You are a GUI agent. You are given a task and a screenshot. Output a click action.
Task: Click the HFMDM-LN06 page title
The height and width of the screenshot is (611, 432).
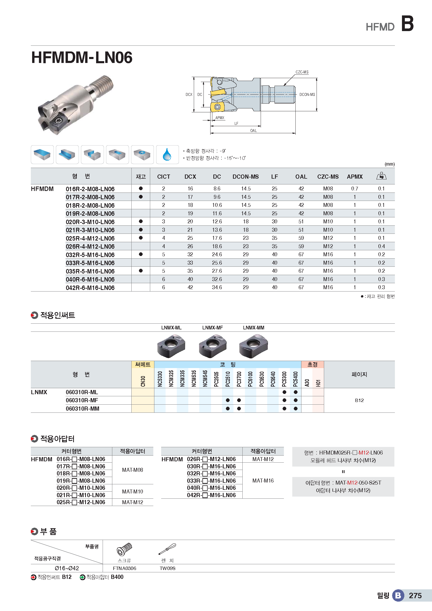82,57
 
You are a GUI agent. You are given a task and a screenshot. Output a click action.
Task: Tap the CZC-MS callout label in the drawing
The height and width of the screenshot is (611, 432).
302,72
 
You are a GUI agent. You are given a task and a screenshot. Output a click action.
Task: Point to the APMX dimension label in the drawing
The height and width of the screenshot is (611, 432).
220,118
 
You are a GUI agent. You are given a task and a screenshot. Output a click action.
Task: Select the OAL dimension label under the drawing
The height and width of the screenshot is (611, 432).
253,131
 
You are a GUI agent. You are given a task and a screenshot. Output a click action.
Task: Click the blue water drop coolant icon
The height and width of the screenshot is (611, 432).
167,155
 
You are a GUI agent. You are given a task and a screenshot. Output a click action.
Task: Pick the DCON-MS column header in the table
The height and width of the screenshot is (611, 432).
246,177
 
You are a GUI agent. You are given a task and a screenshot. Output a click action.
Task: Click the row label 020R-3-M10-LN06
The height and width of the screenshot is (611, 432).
90,222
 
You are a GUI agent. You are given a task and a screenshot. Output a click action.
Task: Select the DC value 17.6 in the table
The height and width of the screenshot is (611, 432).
217,238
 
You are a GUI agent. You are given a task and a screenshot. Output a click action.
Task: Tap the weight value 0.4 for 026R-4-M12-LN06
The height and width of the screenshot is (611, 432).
381,246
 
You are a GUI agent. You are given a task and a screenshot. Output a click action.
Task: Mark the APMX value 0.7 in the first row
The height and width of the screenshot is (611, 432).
354,189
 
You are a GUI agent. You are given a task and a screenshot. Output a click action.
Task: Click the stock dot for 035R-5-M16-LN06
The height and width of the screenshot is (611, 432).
141,271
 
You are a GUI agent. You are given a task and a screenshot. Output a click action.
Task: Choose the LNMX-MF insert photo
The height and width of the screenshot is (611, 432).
213,346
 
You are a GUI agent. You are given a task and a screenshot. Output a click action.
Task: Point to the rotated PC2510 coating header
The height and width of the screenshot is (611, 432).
228,379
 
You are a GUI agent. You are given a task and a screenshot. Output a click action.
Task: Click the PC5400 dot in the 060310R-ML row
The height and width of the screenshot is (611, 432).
296,392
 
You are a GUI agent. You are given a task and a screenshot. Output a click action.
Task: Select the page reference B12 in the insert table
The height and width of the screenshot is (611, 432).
359,400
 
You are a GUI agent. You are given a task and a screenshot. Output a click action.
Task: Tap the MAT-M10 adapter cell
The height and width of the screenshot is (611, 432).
132,492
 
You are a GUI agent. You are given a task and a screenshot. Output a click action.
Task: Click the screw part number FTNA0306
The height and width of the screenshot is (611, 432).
125,568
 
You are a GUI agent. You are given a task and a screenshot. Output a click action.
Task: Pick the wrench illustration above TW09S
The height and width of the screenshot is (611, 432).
167,549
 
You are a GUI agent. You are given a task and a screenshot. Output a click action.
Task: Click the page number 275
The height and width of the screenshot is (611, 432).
415,595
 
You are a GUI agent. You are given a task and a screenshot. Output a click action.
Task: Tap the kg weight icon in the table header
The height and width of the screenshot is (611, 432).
381,176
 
